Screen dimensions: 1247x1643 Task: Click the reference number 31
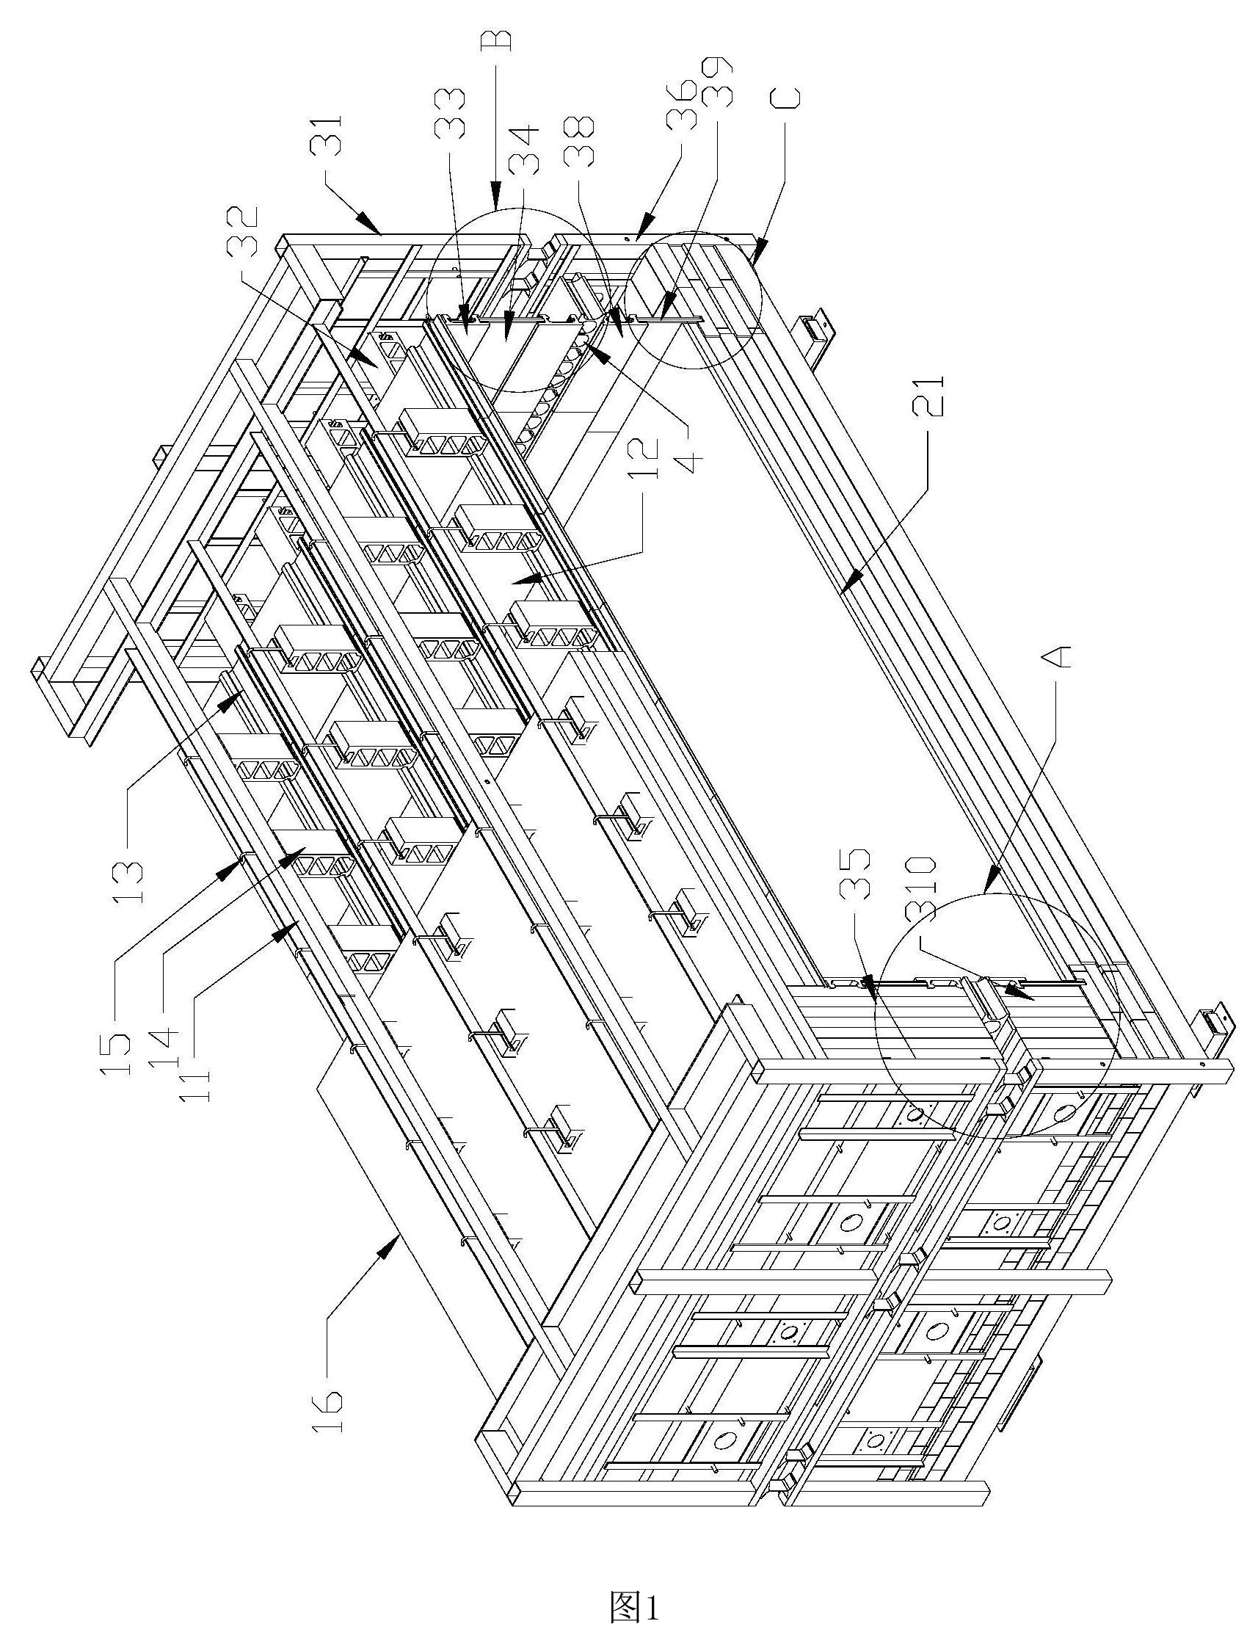click(x=327, y=134)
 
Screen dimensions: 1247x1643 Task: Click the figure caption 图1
click(x=633, y=1603)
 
